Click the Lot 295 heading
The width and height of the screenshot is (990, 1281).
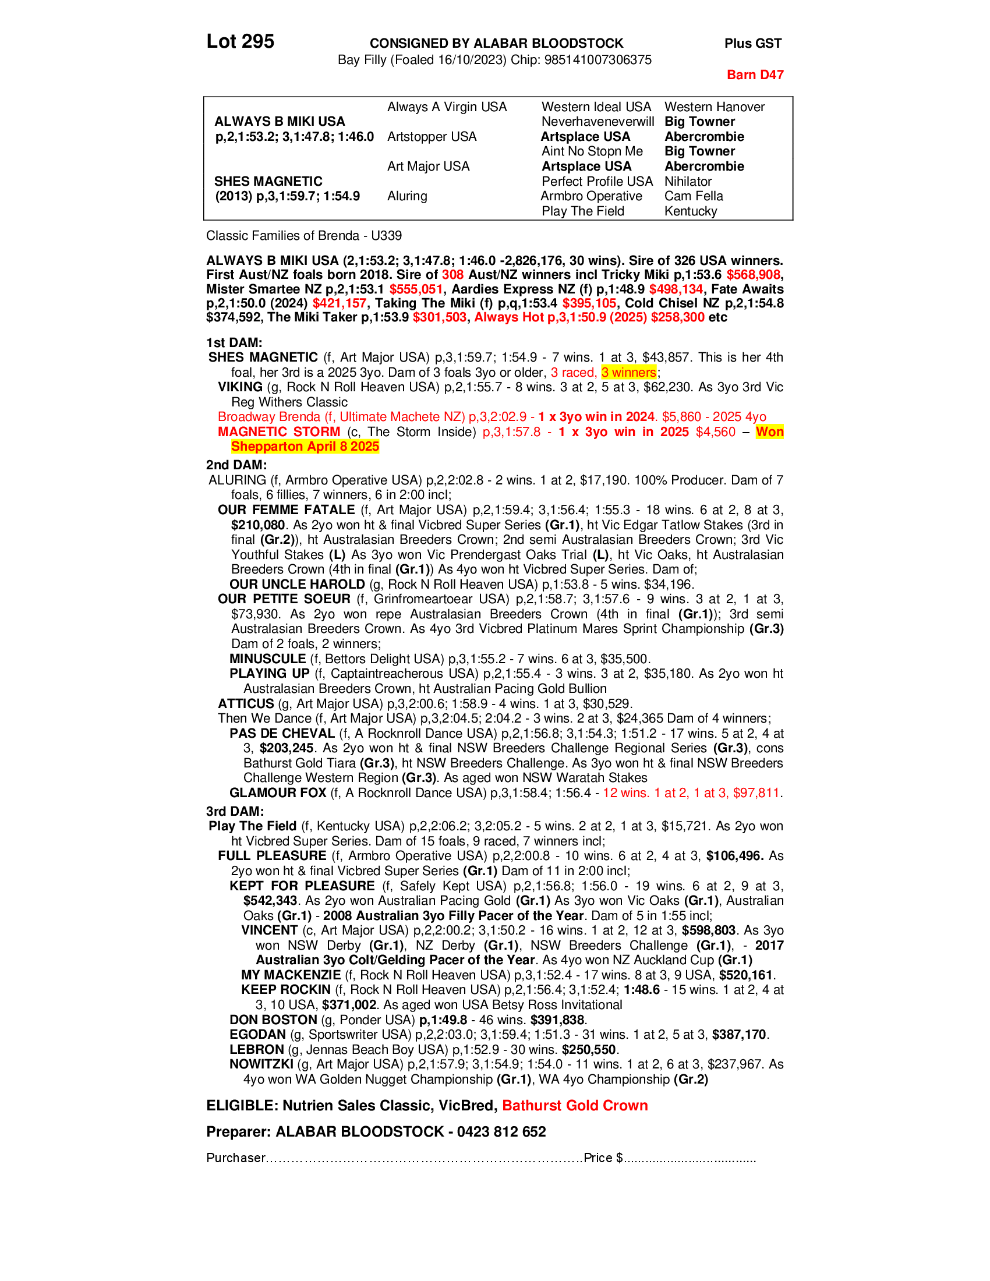[240, 42]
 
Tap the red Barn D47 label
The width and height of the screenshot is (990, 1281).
[754, 75]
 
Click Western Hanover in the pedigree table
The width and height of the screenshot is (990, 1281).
[714, 107]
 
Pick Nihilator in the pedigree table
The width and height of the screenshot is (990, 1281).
[687, 181]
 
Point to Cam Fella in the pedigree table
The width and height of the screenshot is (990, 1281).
[693, 196]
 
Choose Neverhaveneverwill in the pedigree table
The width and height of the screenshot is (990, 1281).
[597, 122]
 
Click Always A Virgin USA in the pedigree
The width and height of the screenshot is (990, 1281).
[446, 107]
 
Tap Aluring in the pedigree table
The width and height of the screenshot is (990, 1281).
[406, 196]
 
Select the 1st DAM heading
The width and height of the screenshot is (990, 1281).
[234, 342]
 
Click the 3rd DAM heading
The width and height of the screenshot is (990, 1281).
[235, 811]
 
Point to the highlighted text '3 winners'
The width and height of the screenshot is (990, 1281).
[628, 373]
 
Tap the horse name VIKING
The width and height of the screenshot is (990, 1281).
[240, 387]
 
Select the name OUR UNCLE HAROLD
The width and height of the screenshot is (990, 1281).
[297, 584]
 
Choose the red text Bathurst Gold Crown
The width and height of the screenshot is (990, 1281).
[574, 1106]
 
